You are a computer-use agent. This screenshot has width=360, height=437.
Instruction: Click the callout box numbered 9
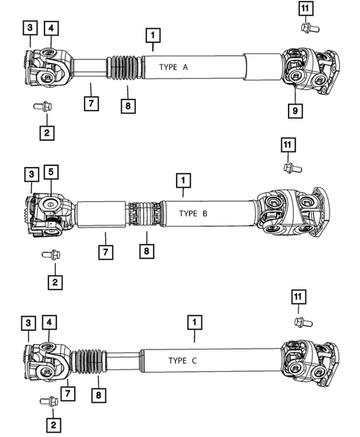tap(294, 111)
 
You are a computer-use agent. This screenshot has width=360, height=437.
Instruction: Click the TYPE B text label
tap(193, 213)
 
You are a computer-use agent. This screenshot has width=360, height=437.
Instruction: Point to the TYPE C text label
tap(183, 360)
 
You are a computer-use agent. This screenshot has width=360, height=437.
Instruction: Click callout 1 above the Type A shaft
tap(151, 35)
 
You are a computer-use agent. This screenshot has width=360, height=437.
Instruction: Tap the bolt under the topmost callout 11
tap(307, 27)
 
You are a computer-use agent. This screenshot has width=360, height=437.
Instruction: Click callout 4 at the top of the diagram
tap(50, 28)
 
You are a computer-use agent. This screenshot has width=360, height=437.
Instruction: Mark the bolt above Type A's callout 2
tap(42, 107)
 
